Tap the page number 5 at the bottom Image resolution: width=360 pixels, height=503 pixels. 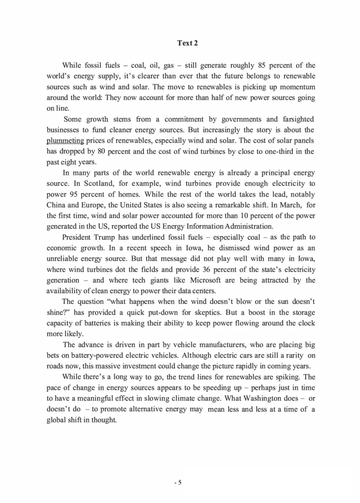point(180,483)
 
